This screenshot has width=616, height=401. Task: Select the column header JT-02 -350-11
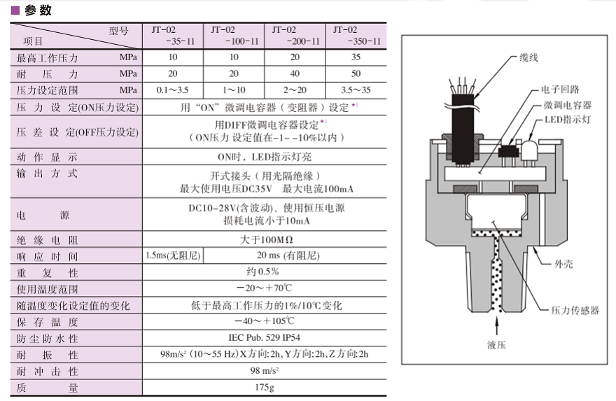(356, 35)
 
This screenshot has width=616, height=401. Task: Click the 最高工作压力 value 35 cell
(356, 57)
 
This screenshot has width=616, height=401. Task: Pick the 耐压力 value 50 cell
(356, 73)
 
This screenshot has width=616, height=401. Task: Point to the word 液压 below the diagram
(496, 344)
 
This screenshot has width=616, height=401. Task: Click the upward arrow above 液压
(496, 325)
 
